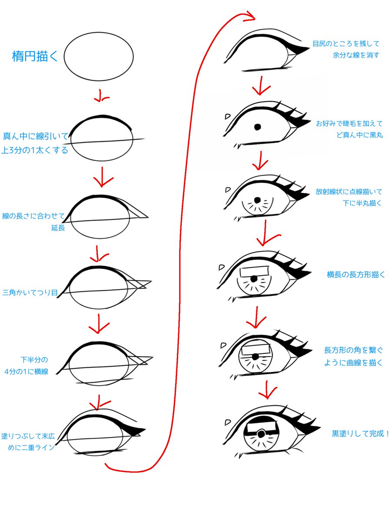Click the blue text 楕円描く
click(35, 56)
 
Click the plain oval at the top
click(99, 56)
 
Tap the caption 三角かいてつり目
click(30, 293)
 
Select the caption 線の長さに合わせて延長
click(34, 221)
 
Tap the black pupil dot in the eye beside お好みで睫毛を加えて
click(257, 127)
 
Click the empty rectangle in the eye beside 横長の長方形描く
click(255, 272)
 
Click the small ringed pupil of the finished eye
click(261, 433)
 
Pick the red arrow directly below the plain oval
click(102, 96)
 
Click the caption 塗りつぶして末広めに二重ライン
click(28, 441)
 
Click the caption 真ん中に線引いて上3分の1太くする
click(35, 144)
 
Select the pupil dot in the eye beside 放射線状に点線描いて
click(257, 201)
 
